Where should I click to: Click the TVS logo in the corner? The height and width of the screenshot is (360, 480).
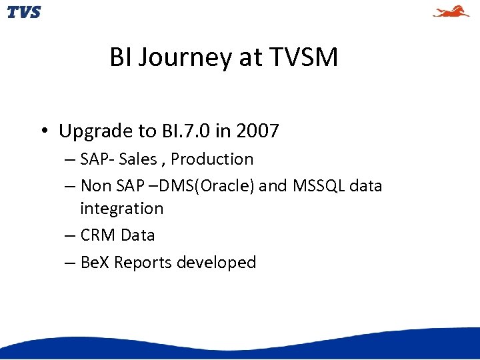(x=24, y=12)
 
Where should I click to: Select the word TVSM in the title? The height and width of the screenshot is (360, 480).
(x=304, y=58)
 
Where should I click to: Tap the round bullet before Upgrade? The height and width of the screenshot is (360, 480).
(x=43, y=131)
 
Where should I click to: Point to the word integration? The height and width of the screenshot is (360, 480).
(x=121, y=209)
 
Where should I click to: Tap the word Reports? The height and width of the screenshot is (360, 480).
(x=143, y=263)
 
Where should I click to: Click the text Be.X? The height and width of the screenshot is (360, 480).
(x=95, y=263)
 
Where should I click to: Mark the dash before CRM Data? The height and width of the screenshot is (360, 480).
(x=70, y=235)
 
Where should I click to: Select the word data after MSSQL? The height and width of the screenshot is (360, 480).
(x=366, y=185)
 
